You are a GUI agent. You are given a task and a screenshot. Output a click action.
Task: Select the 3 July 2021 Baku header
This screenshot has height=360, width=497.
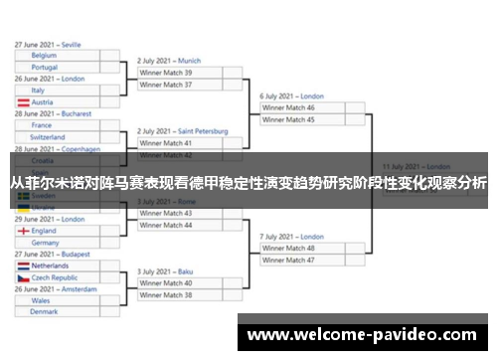pos(164,271)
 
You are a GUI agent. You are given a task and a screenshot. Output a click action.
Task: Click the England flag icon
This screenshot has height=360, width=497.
pos(23,231)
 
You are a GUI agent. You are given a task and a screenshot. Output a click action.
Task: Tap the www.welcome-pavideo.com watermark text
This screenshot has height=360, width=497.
pos(364,336)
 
